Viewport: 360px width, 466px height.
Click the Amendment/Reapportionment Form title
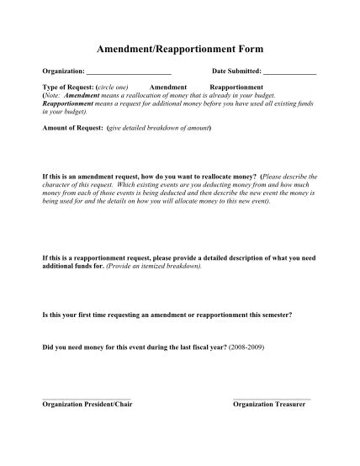click(179, 51)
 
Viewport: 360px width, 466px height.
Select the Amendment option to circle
click(168, 87)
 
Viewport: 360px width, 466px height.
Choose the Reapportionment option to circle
click(236, 87)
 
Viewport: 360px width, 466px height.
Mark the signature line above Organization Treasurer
click(272, 398)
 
